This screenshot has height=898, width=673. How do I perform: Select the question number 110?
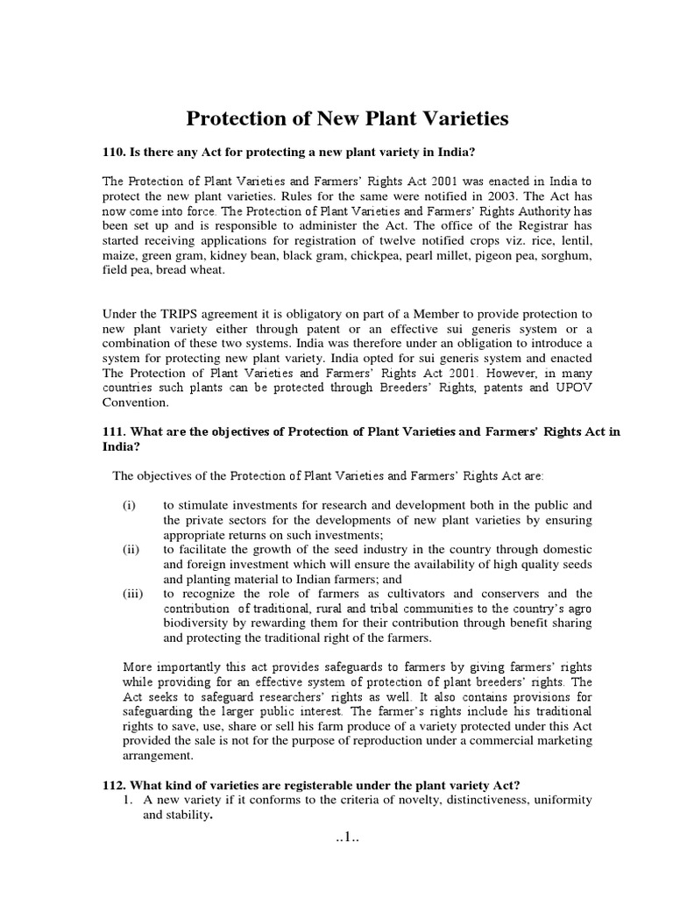click(115, 152)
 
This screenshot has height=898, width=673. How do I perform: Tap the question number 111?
click(115, 430)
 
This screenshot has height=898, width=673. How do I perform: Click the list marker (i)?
click(130, 505)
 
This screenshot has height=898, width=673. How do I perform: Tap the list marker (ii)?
click(131, 549)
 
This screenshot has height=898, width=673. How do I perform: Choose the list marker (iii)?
click(132, 594)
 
